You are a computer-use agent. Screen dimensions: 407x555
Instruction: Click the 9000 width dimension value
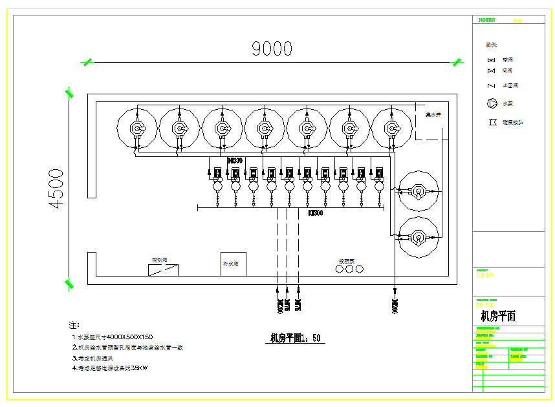272,48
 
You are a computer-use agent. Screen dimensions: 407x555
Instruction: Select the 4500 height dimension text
57,188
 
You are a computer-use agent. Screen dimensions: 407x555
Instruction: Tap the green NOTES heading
486,20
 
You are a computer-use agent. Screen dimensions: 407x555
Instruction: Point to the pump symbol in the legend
492,103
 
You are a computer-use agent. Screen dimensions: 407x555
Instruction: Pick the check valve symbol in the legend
492,85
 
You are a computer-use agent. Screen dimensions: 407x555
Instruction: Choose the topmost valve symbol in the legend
492,60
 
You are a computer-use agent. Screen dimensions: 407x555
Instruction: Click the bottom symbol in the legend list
492,121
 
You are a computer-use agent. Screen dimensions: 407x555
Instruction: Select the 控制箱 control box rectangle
163,270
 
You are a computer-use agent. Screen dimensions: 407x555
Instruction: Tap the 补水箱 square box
233,264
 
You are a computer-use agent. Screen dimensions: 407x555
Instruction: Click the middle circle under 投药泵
350,269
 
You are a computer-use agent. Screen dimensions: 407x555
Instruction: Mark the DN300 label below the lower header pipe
316,213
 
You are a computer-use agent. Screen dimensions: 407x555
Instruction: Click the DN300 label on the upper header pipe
235,160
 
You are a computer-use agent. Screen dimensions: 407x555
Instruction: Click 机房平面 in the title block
498,317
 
